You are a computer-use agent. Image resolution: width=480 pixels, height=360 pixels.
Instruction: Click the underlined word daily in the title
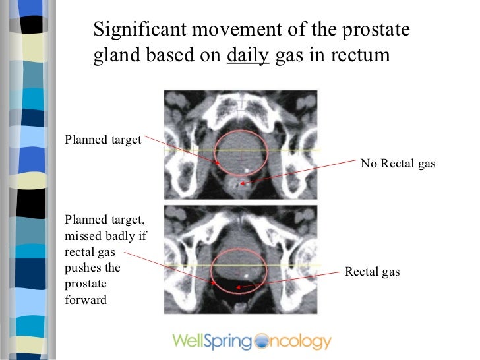pyautogui.click(x=247, y=56)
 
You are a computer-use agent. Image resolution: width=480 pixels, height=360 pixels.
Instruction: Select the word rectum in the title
pyautogui.click(x=365, y=56)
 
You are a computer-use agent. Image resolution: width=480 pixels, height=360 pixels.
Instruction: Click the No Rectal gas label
pyautogui.click(x=398, y=164)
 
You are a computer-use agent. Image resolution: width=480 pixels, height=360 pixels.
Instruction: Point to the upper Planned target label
pyautogui.click(x=103, y=139)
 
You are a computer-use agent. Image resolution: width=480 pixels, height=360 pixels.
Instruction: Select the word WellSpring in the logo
pyautogui.click(x=212, y=342)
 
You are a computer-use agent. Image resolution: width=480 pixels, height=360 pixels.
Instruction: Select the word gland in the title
pyautogui.click(x=113, y=56)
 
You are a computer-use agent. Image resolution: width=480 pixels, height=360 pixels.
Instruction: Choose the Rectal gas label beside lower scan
pyautogui.click(x=373, y=272)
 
